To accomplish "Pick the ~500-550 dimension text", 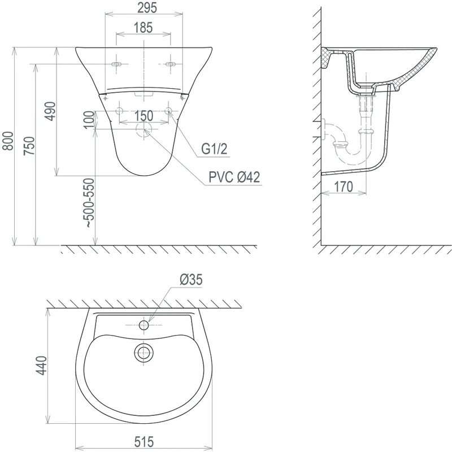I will click(89, 203).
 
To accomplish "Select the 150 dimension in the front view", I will click(144, 116).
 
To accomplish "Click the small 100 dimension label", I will click(89, 120).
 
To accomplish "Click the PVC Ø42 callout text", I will click(234, 177).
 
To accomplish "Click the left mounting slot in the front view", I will click(117, 65).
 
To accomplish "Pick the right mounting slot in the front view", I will click(171, 65).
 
